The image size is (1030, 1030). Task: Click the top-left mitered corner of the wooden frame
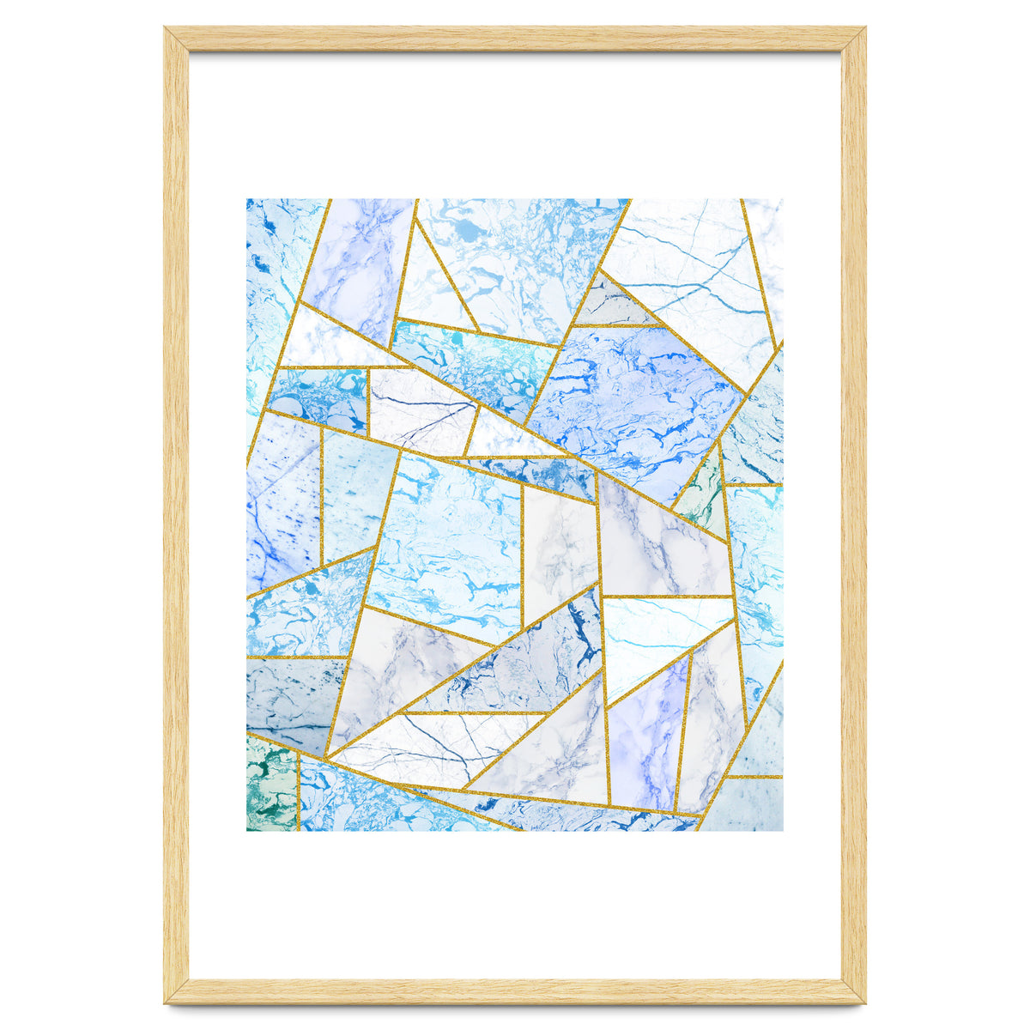click(x=177, y=39)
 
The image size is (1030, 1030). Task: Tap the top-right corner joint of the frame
click(x=853, y=39)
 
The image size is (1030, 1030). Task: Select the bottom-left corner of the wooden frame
click(x=177, y=991)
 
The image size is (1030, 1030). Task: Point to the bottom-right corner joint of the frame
click(x=853, y=991)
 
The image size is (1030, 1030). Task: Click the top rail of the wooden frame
click(x=515, y=39)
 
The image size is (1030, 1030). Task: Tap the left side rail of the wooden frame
click(x=176, y=515)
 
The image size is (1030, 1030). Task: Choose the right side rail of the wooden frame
click(x=853, y=515)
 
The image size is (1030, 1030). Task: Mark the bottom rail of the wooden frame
click(x=515, y=991)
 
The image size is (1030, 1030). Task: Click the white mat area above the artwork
click(x=515, y=124)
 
